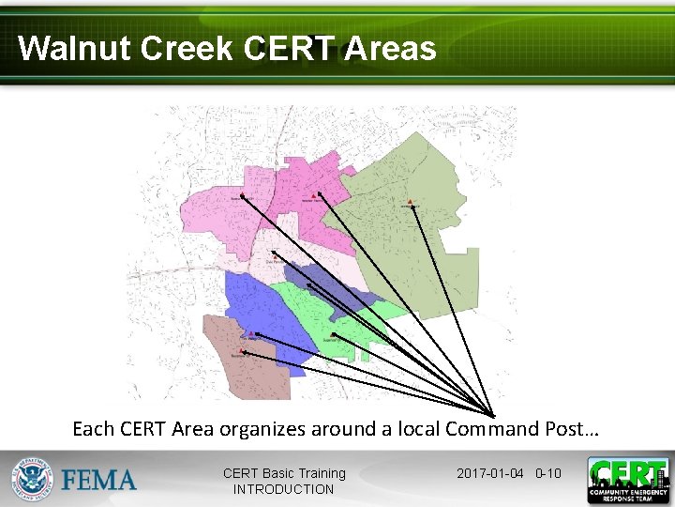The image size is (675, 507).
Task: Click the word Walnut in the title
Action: pos(74,48)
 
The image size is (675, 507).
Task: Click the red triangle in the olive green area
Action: pos(411,202)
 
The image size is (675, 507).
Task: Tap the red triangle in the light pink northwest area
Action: pos(241,194)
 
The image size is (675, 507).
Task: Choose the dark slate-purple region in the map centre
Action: pos(323,282)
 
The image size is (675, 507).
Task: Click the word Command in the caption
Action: pos(489,429)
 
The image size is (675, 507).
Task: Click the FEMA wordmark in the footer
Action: pos(99,481)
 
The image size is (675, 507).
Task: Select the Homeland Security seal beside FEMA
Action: pos(34,480)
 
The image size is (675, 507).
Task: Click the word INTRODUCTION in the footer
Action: pos(283,489)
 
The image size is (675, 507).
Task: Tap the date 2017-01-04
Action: pos(489,473)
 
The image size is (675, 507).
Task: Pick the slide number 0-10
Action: pos(547,473)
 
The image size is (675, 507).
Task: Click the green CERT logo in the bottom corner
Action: pos(628,480)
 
